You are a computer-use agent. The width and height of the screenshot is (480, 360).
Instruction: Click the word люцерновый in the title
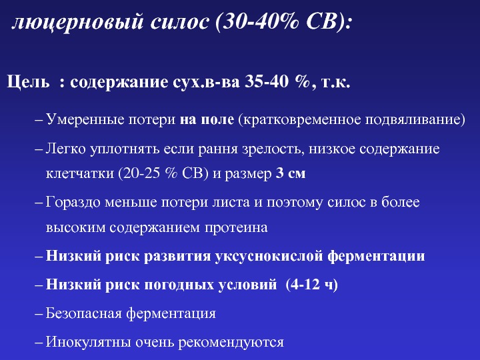78,23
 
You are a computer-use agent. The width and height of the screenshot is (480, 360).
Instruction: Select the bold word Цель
28,83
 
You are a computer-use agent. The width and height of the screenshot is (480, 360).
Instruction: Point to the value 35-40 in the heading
266,82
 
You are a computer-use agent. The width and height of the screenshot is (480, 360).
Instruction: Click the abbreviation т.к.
335,83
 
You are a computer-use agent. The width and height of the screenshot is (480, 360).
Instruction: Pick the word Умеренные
85,120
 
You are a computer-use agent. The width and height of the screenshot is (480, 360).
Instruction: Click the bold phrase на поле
207,119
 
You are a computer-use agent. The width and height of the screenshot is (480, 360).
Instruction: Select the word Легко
65,149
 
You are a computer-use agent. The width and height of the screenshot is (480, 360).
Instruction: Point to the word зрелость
273,149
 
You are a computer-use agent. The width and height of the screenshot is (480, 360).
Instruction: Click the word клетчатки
79,173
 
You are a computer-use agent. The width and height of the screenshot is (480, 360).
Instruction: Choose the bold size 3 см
291,173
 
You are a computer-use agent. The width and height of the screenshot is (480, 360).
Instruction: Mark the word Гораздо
73,203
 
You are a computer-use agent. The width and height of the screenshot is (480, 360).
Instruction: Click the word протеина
236,228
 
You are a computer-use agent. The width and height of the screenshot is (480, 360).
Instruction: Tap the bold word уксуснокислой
269,257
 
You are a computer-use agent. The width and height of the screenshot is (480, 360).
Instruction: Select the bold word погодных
179,285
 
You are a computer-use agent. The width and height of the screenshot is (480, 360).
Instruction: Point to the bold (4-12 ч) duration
311,285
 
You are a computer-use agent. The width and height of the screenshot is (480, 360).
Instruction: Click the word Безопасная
83,313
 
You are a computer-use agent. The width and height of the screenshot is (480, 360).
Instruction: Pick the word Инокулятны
88,342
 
